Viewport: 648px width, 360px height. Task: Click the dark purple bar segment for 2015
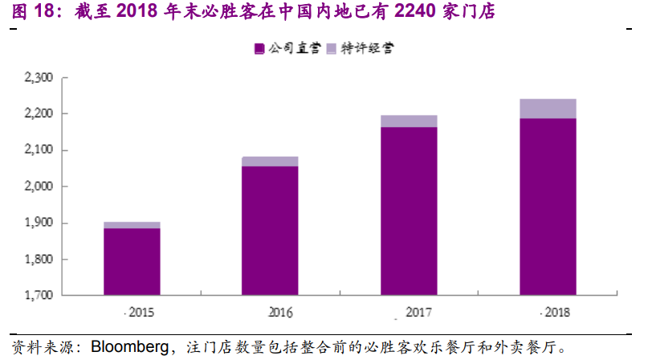pos(132,261)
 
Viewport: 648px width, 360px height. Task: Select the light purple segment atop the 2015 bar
pos(132,225)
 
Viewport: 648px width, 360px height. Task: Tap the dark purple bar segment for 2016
pos(270,231)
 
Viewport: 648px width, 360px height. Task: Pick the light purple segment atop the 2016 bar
pos(270,162)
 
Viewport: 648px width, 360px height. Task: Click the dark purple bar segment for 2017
pos(409,211)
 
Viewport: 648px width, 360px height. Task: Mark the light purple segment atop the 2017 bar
pos(409,121)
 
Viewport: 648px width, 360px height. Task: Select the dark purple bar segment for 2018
pos(548,207)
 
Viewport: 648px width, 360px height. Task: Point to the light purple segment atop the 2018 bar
pos(548,108)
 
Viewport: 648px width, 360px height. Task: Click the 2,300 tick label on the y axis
pos(39,77)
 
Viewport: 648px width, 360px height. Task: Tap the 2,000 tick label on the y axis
pos(39,186)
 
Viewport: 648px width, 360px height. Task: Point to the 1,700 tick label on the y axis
pos(39,295)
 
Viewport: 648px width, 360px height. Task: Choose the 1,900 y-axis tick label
pos(39,223)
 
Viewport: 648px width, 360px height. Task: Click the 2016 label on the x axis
pos(280,312)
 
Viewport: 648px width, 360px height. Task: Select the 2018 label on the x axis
pos(557,312)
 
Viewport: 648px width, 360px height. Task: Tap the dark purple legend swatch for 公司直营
pos(259,49)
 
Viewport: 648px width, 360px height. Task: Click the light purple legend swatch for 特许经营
pos(332,49)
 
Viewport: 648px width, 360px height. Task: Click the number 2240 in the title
pos(415,10)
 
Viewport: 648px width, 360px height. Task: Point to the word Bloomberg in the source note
pos(130,347)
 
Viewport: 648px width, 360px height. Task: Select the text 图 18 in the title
pos(33,10)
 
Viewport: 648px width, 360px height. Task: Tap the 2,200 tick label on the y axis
pos(39,113)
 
